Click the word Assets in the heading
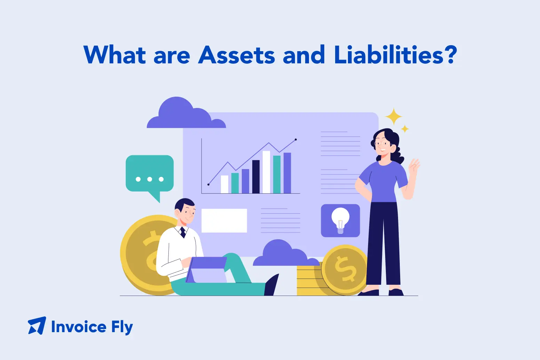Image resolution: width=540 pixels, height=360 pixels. coord(237,55)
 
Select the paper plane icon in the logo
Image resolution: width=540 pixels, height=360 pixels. coord(37,326)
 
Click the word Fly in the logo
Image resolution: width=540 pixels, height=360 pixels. coord(122,327)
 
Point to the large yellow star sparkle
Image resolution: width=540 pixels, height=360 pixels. coord(394,117)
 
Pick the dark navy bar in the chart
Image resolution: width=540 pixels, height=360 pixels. coord(256,177)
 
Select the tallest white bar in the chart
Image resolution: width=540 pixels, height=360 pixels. coord(266,172)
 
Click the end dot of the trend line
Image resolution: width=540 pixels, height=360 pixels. coord(296,140)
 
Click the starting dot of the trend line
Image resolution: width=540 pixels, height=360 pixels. coord(208,185)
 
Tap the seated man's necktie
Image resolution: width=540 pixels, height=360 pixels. coord(183,232)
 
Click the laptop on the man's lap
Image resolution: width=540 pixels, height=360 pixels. coord(206,270)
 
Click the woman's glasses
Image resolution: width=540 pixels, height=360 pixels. coord(383,143)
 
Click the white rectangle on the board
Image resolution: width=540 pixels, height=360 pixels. coord(224,220)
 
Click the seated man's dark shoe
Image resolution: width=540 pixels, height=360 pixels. coord(271,285)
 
